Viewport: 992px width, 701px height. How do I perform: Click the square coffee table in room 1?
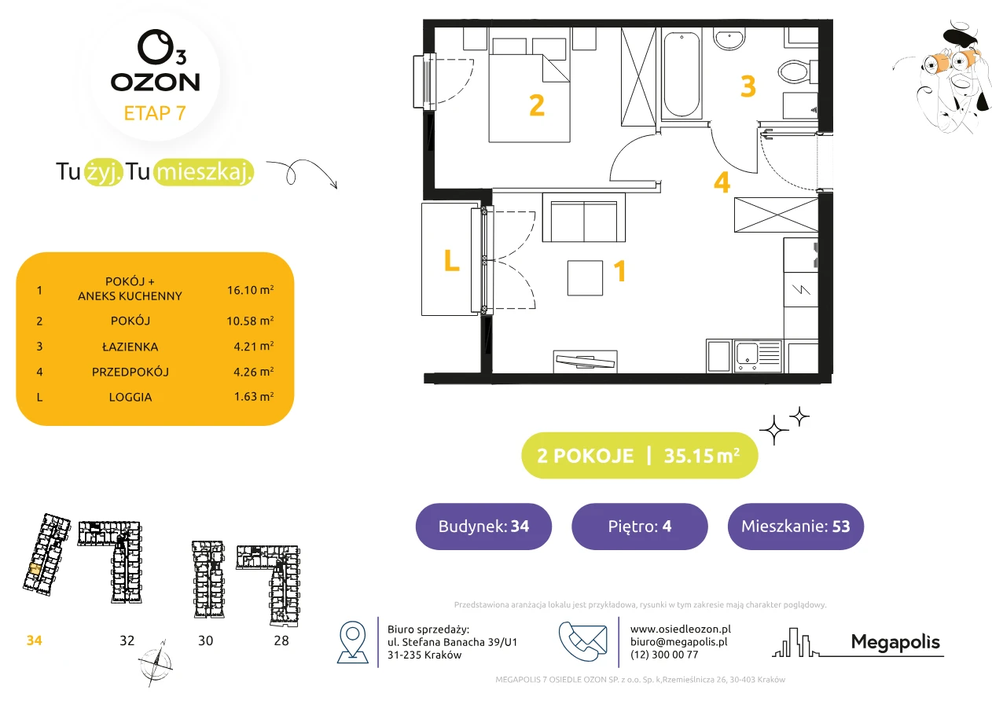(x=585, y=277)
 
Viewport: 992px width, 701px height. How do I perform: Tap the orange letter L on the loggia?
(x=451, y=260)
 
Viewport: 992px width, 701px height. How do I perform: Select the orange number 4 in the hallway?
(x=722, y=182)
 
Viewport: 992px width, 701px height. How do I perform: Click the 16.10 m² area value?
(x=250, y=290)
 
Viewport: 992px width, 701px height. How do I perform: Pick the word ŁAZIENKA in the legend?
(x=130, y=347)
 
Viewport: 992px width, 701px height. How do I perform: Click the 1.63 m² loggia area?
(x=254, y=396)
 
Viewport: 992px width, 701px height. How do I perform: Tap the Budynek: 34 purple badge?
(x=483, y=526)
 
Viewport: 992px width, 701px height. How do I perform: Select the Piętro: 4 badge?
(x=640, y=526)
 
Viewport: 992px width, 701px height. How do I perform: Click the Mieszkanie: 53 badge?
(x=795, y=526)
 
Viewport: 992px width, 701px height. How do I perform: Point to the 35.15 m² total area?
(x=701, y=455)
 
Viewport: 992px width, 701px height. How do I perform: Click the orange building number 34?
(x=34, y=640)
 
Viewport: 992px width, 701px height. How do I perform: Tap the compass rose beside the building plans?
(x=155, y=663)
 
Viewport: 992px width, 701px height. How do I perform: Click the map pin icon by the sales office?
(x=352, y=641)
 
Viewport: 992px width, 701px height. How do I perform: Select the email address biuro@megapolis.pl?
(x=679, y=641)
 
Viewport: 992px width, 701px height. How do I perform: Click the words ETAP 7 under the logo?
(x=155, y=113)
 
